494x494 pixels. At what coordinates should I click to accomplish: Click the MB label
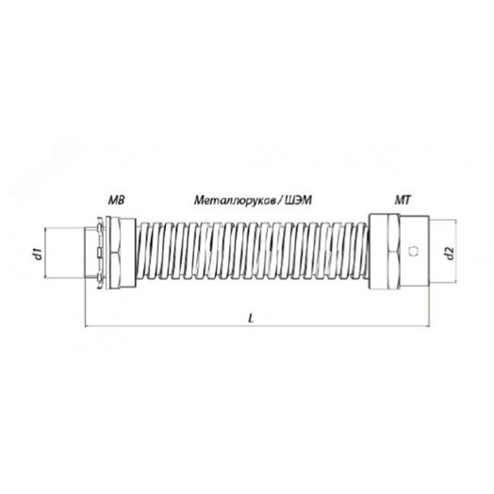117,200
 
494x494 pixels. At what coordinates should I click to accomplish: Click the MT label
403,200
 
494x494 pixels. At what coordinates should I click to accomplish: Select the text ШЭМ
298,200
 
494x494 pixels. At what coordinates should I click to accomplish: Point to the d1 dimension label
38,254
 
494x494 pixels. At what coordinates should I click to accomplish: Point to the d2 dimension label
451,254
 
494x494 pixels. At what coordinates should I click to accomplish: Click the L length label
251,319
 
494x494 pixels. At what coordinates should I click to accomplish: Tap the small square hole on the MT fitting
412,251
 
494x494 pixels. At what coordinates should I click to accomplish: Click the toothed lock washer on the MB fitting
100,253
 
